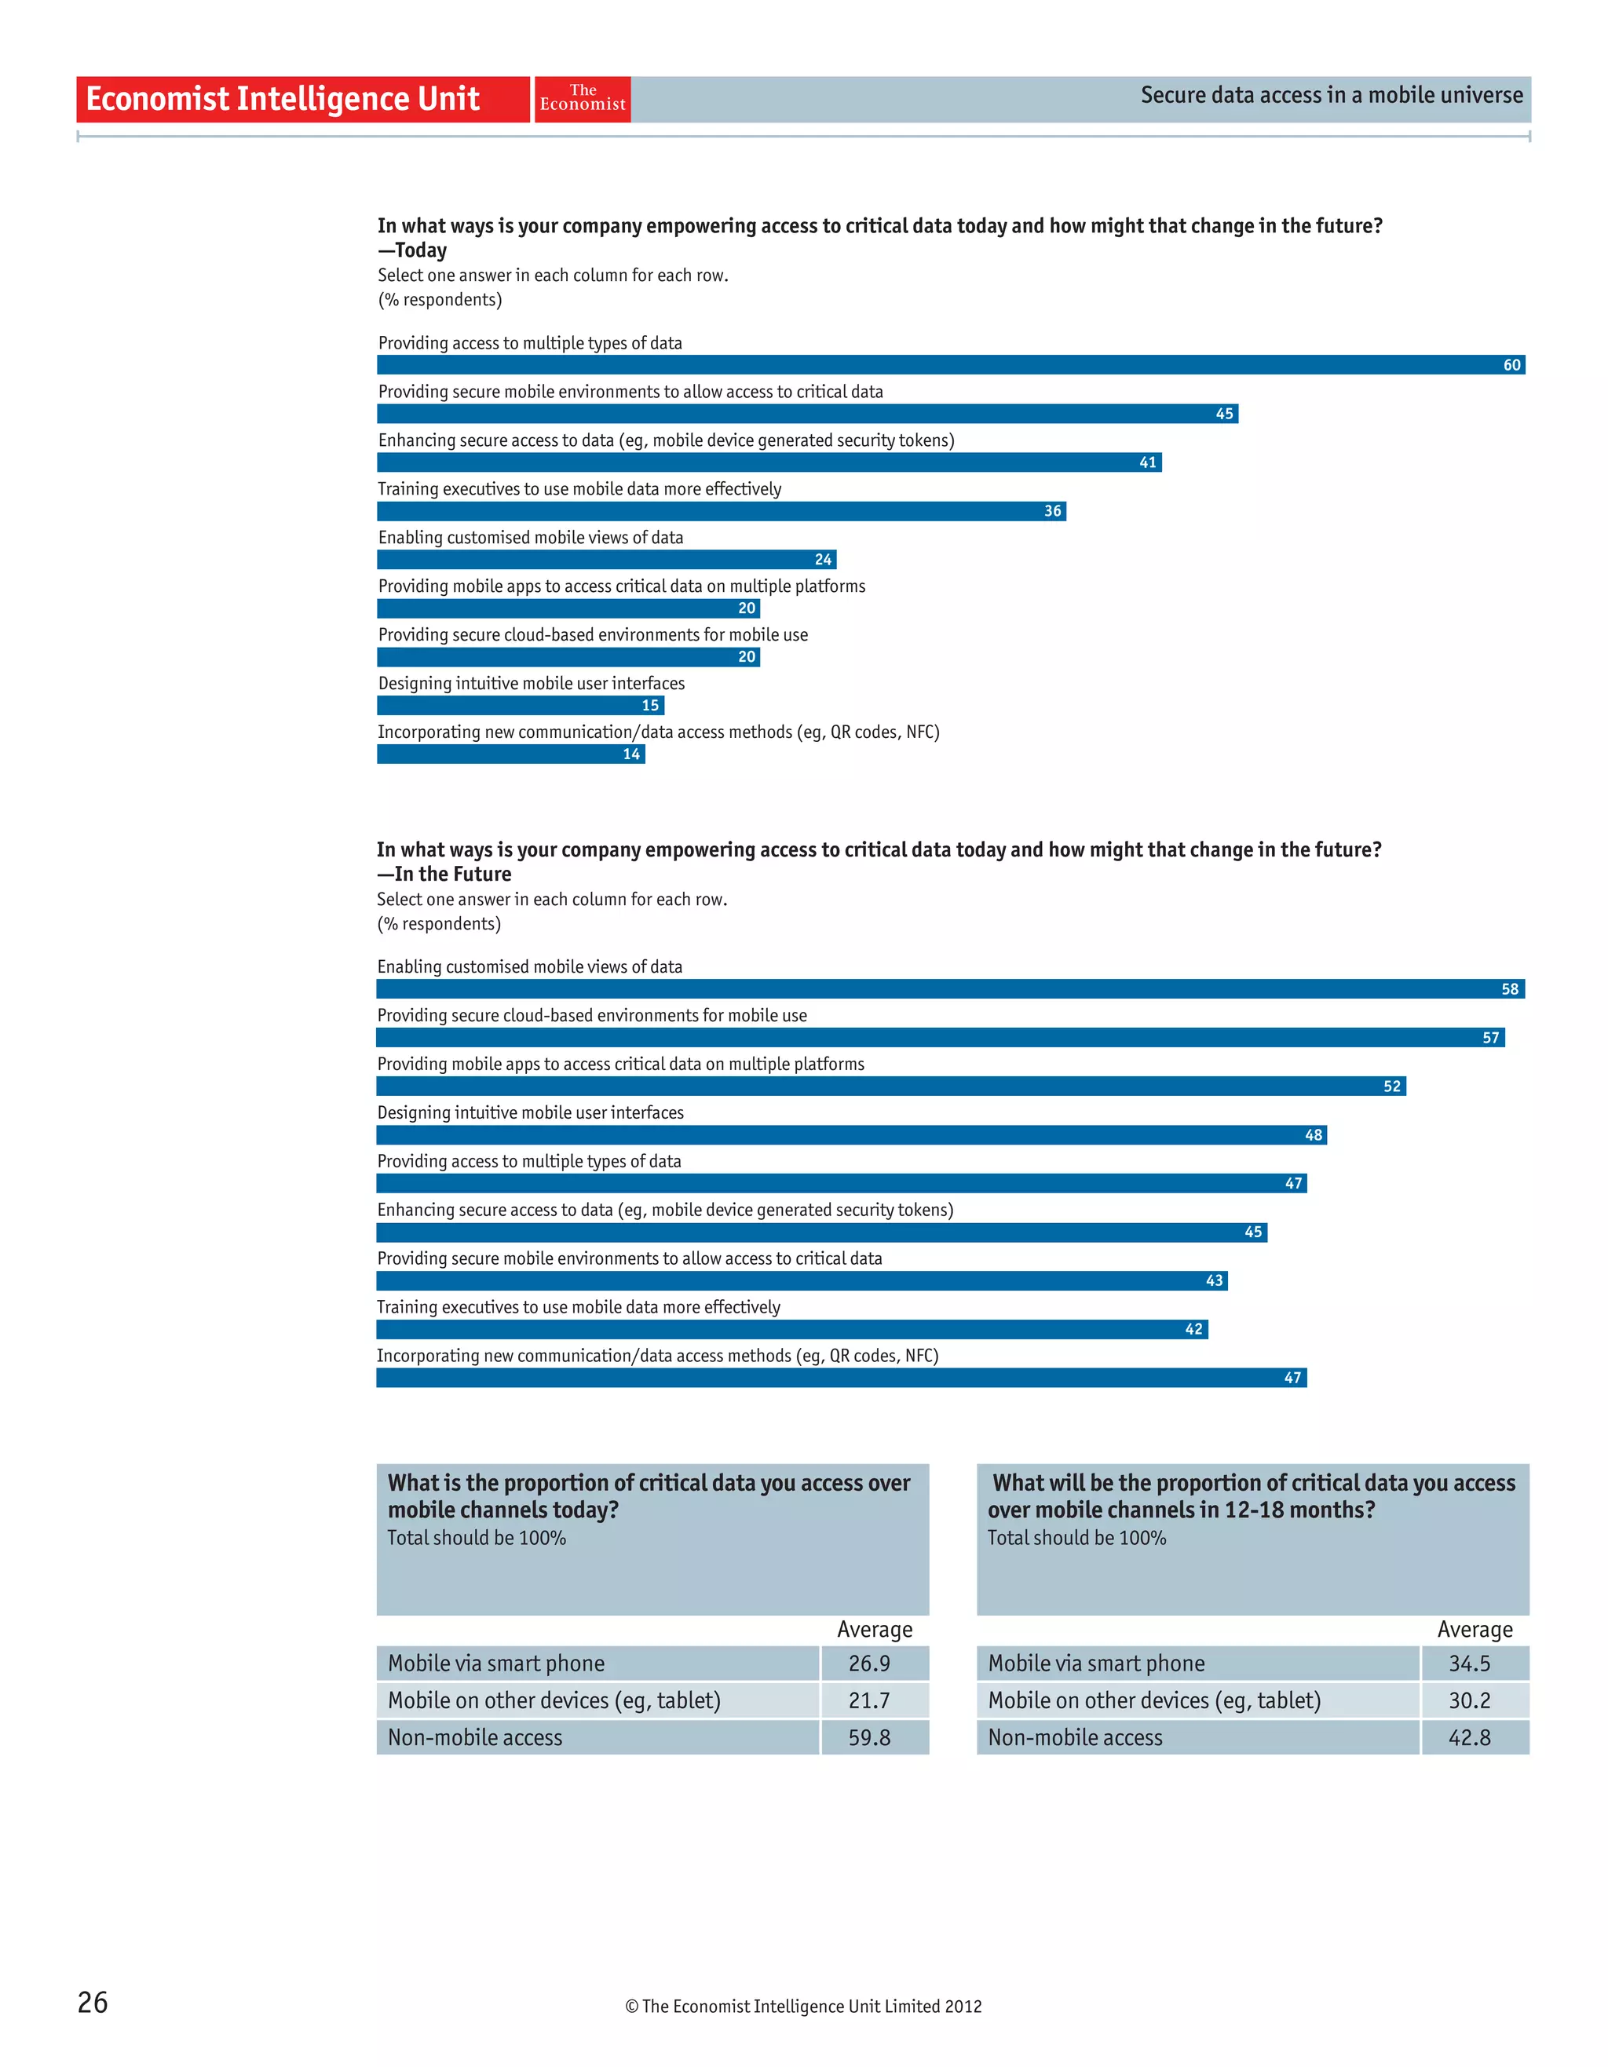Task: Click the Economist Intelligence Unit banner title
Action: (283, 98)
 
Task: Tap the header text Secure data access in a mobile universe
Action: (1331, 95)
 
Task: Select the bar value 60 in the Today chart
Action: (1511, 365)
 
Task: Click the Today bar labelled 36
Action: (722, 511)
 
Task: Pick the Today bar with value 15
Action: (520, 705)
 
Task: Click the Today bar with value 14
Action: (510, 754)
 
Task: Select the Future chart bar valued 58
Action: (949, 989)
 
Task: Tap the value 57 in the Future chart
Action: (1489, 1039)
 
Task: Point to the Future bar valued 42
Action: (791, 1330)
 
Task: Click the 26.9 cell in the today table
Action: (869, 1663)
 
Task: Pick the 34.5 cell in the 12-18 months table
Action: (1469, 1663)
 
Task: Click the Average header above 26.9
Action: (875, 1630)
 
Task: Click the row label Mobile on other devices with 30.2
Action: (1153, 1700)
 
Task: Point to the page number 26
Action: (93, 2002)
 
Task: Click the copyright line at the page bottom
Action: (802, 2007)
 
